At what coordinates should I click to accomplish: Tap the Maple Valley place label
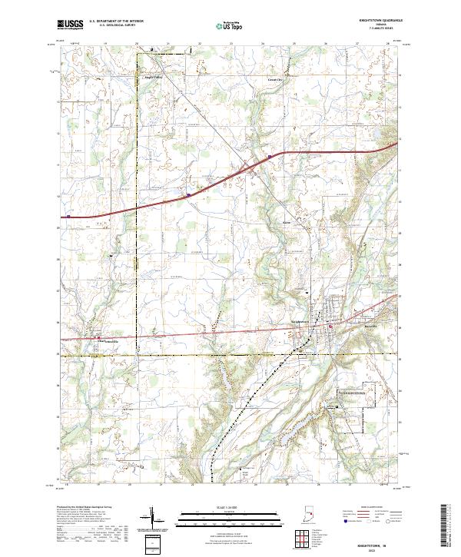click(x=154, y=78)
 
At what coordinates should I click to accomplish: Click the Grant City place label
click(x=274, y=79)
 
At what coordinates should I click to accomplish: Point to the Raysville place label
click(x=370, y=325)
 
